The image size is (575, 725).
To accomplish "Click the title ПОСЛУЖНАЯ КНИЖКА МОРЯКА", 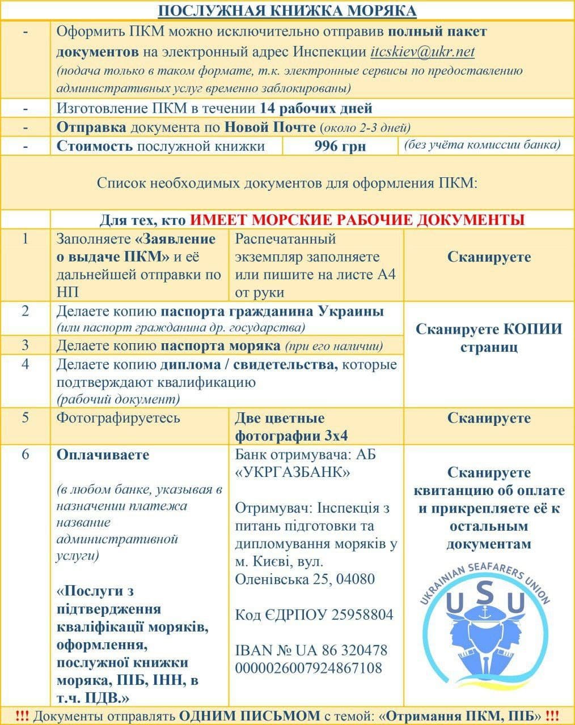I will [x=287, y=11].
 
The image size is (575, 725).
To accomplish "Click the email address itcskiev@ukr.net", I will [x=422, y=52].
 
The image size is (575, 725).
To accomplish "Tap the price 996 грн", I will [x=340, y=146].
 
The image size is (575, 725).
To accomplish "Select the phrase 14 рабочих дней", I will [x=316, y=108].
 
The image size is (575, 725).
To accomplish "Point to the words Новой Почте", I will [x=270, y=127].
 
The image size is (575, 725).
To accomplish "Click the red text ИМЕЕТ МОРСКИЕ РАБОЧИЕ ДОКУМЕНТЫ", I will [x=357, y=219].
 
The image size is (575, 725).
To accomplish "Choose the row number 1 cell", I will [x=25, y=238].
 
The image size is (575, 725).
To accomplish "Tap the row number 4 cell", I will [x=25, y=363].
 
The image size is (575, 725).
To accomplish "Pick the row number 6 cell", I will [x=25, y=455].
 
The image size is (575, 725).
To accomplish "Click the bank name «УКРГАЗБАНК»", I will [x=293, y=472].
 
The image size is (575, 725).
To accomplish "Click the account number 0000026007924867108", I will [x=308, y=668].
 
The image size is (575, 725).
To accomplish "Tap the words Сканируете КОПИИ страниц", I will [x=488, y=338].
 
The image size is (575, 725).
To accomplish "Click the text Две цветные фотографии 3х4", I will [x=291, y=427].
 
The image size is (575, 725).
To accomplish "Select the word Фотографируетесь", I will [x=118, y=418].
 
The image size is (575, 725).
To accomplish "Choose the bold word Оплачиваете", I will [x=103, y=455].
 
